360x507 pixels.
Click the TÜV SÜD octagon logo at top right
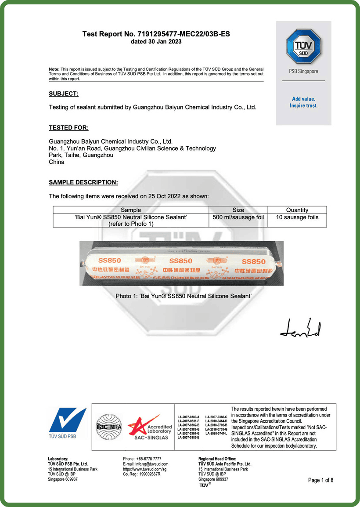(303, 46)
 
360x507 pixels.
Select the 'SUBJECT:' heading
(64, 94)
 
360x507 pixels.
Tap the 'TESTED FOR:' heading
(68, 128)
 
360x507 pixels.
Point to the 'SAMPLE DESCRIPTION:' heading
(83, 182)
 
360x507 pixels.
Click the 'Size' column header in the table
(238, 210)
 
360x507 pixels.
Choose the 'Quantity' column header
(297, 210)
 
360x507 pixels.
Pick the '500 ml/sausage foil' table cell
(238, 217)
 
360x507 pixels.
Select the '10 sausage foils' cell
(297, 217)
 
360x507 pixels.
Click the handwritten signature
(301, 329)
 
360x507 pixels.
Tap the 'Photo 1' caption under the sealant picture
(183, 297)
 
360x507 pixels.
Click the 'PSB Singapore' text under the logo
(303, 71)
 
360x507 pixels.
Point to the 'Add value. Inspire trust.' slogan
(303, 102)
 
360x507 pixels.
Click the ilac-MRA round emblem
(108, 426)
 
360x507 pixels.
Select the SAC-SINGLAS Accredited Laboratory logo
(150, 427)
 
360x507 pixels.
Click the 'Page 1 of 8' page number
(320, 480)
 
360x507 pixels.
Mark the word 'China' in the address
(57, 162)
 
